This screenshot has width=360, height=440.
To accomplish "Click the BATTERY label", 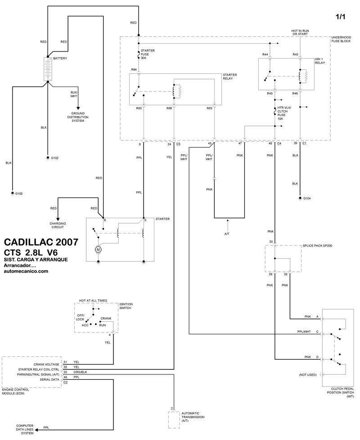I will click(61, 59).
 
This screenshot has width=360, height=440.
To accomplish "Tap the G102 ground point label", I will click(55, 158).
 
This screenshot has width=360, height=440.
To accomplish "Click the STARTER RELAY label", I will click(230, 77).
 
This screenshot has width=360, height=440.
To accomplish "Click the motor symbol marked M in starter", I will click(99, 249).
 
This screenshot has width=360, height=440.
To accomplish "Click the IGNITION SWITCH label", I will click(126, 306).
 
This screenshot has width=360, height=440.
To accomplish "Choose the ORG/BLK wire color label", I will click(80, 373).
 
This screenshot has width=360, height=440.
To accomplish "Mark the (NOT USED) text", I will click(308, 374).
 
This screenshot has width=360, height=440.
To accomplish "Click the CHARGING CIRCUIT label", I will click(58, 225).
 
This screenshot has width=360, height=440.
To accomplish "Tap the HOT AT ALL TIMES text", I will click(94, 299).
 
